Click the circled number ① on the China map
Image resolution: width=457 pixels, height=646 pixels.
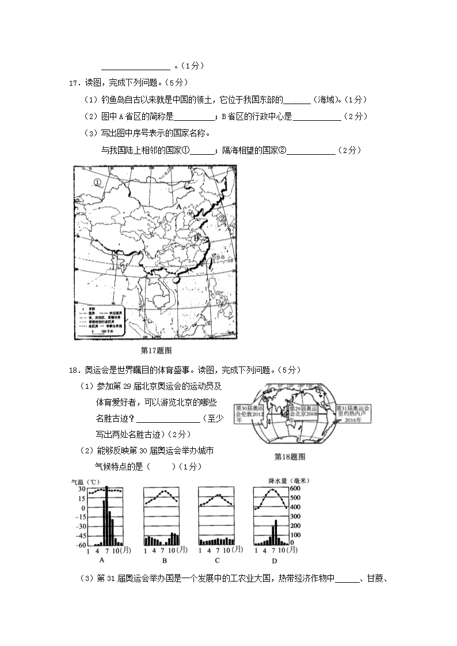tap(97, 182)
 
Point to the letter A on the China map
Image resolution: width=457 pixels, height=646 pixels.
tap(178, 206)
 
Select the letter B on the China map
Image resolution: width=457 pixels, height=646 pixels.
tap(196, 238)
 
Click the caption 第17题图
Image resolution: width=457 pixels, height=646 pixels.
tap(156, 350)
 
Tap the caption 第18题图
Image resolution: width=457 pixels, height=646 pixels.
tap(289, 457)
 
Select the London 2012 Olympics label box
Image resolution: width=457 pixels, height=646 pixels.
tap(249, 413)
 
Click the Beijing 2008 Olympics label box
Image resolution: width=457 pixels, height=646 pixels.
tap(303, 413)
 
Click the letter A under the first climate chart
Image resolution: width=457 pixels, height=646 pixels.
tap(102, 561)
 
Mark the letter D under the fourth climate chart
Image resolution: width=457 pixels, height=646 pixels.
tap(274, 561)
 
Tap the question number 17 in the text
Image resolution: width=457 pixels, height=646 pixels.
tap(73, 83)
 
